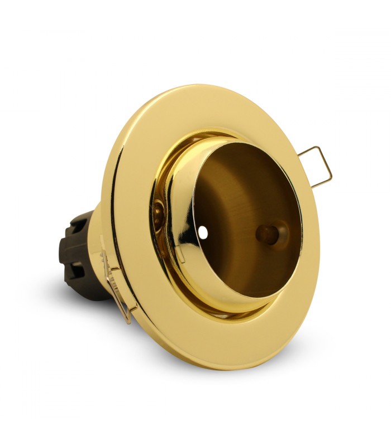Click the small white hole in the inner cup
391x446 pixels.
(x=203, y=230)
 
